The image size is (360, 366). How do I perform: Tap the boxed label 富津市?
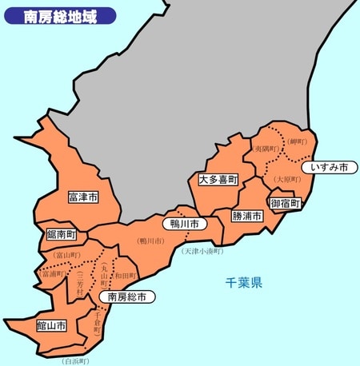[82, 197]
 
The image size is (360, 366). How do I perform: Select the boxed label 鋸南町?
[61, 235]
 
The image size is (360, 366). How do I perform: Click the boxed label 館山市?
[51, 325]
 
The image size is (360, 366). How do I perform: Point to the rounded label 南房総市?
[126, 296]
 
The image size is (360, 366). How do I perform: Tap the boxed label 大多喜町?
[218, 181]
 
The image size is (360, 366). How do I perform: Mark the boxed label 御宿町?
[286, 204]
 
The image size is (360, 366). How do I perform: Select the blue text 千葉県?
[244, 283]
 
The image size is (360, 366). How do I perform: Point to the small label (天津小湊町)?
[202, 251]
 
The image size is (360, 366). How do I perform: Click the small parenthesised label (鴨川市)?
[150, 240]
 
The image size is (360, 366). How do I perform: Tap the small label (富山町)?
[67, 255]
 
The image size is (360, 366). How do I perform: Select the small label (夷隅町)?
[266, 149]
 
